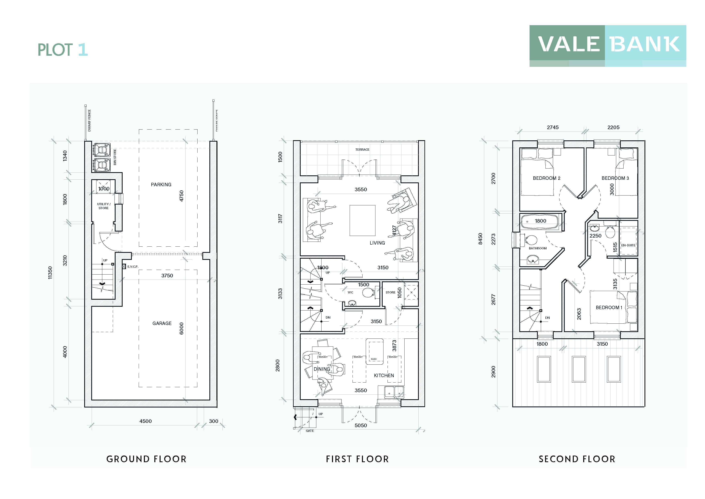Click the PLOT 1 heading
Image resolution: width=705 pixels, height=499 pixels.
pos(63,50)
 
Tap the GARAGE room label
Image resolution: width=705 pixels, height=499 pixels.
pos(162,323)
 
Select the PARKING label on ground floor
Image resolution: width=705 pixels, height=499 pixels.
pos(161,184)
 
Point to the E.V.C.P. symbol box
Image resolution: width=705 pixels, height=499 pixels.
pos(124,266)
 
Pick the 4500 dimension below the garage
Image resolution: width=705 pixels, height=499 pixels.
pos(146,421)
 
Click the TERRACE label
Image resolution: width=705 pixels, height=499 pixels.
pos(362,150)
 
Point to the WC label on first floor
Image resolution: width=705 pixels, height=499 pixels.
pos(350,292)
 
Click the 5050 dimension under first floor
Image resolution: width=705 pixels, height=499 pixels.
pos(361,425)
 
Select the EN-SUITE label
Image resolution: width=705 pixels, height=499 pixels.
pos(628,245)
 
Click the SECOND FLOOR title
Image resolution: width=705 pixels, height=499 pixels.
pos(577,459)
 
